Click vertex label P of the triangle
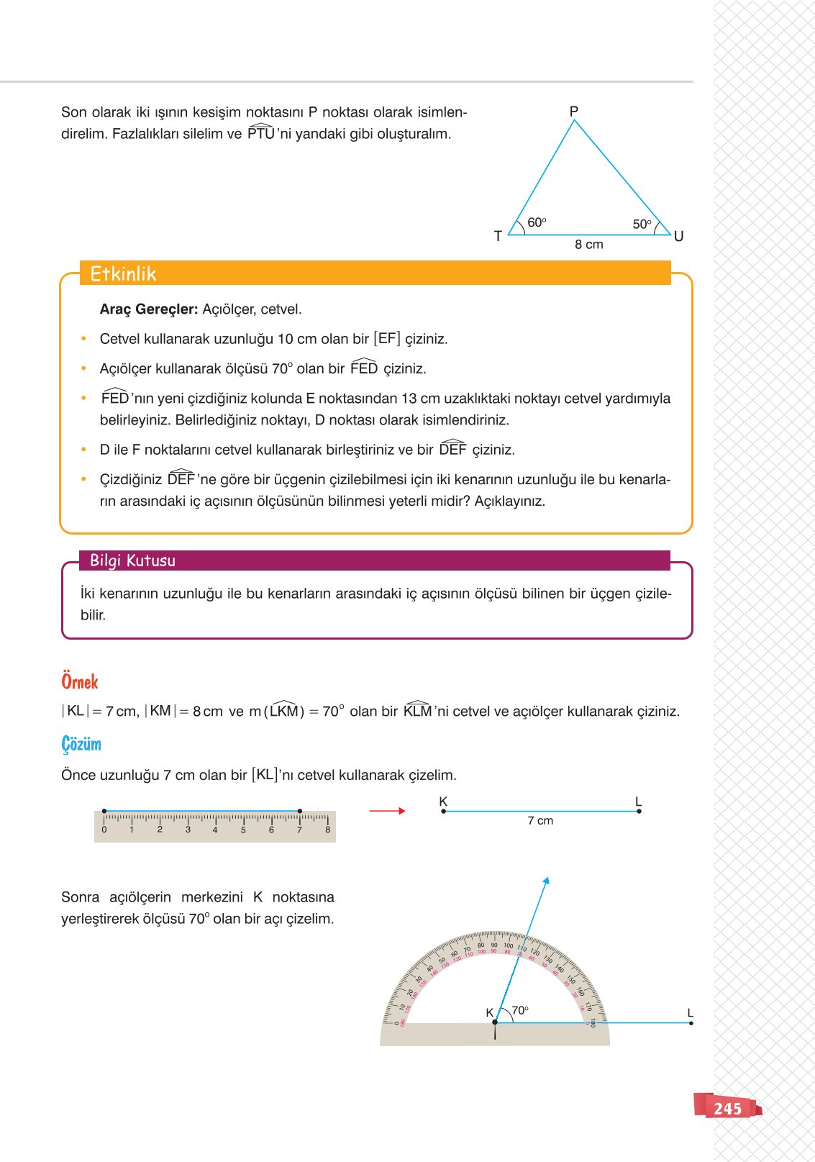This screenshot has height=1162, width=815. [573, 112]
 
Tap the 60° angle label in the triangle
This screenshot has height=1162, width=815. [537, 223]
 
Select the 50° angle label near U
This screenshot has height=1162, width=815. [642, 224]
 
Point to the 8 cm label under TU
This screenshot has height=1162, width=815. [588, 245]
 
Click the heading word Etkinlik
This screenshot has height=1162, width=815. [123, 273]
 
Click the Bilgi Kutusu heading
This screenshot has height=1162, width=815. [132, 560]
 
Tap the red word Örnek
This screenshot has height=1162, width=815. [79, 682]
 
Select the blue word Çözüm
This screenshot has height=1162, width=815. [81, 744]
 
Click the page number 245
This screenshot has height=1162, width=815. [727, 1109]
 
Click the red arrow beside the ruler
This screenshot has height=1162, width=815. [387, 811]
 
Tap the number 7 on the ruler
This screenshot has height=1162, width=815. [299, 830]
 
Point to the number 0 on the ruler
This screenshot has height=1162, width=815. [104, 830]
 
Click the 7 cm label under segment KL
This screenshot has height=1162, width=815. [540, 821]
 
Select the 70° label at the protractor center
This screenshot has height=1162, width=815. [519, 1010]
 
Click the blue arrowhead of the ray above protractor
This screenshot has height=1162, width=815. [546, 881]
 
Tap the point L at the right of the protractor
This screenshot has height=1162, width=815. [691, 1022]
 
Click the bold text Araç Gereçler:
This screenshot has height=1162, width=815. [149, 309]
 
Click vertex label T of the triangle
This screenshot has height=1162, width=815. [498, 236]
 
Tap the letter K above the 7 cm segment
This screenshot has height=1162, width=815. [443, 802]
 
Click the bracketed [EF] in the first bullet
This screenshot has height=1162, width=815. [386, 339]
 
